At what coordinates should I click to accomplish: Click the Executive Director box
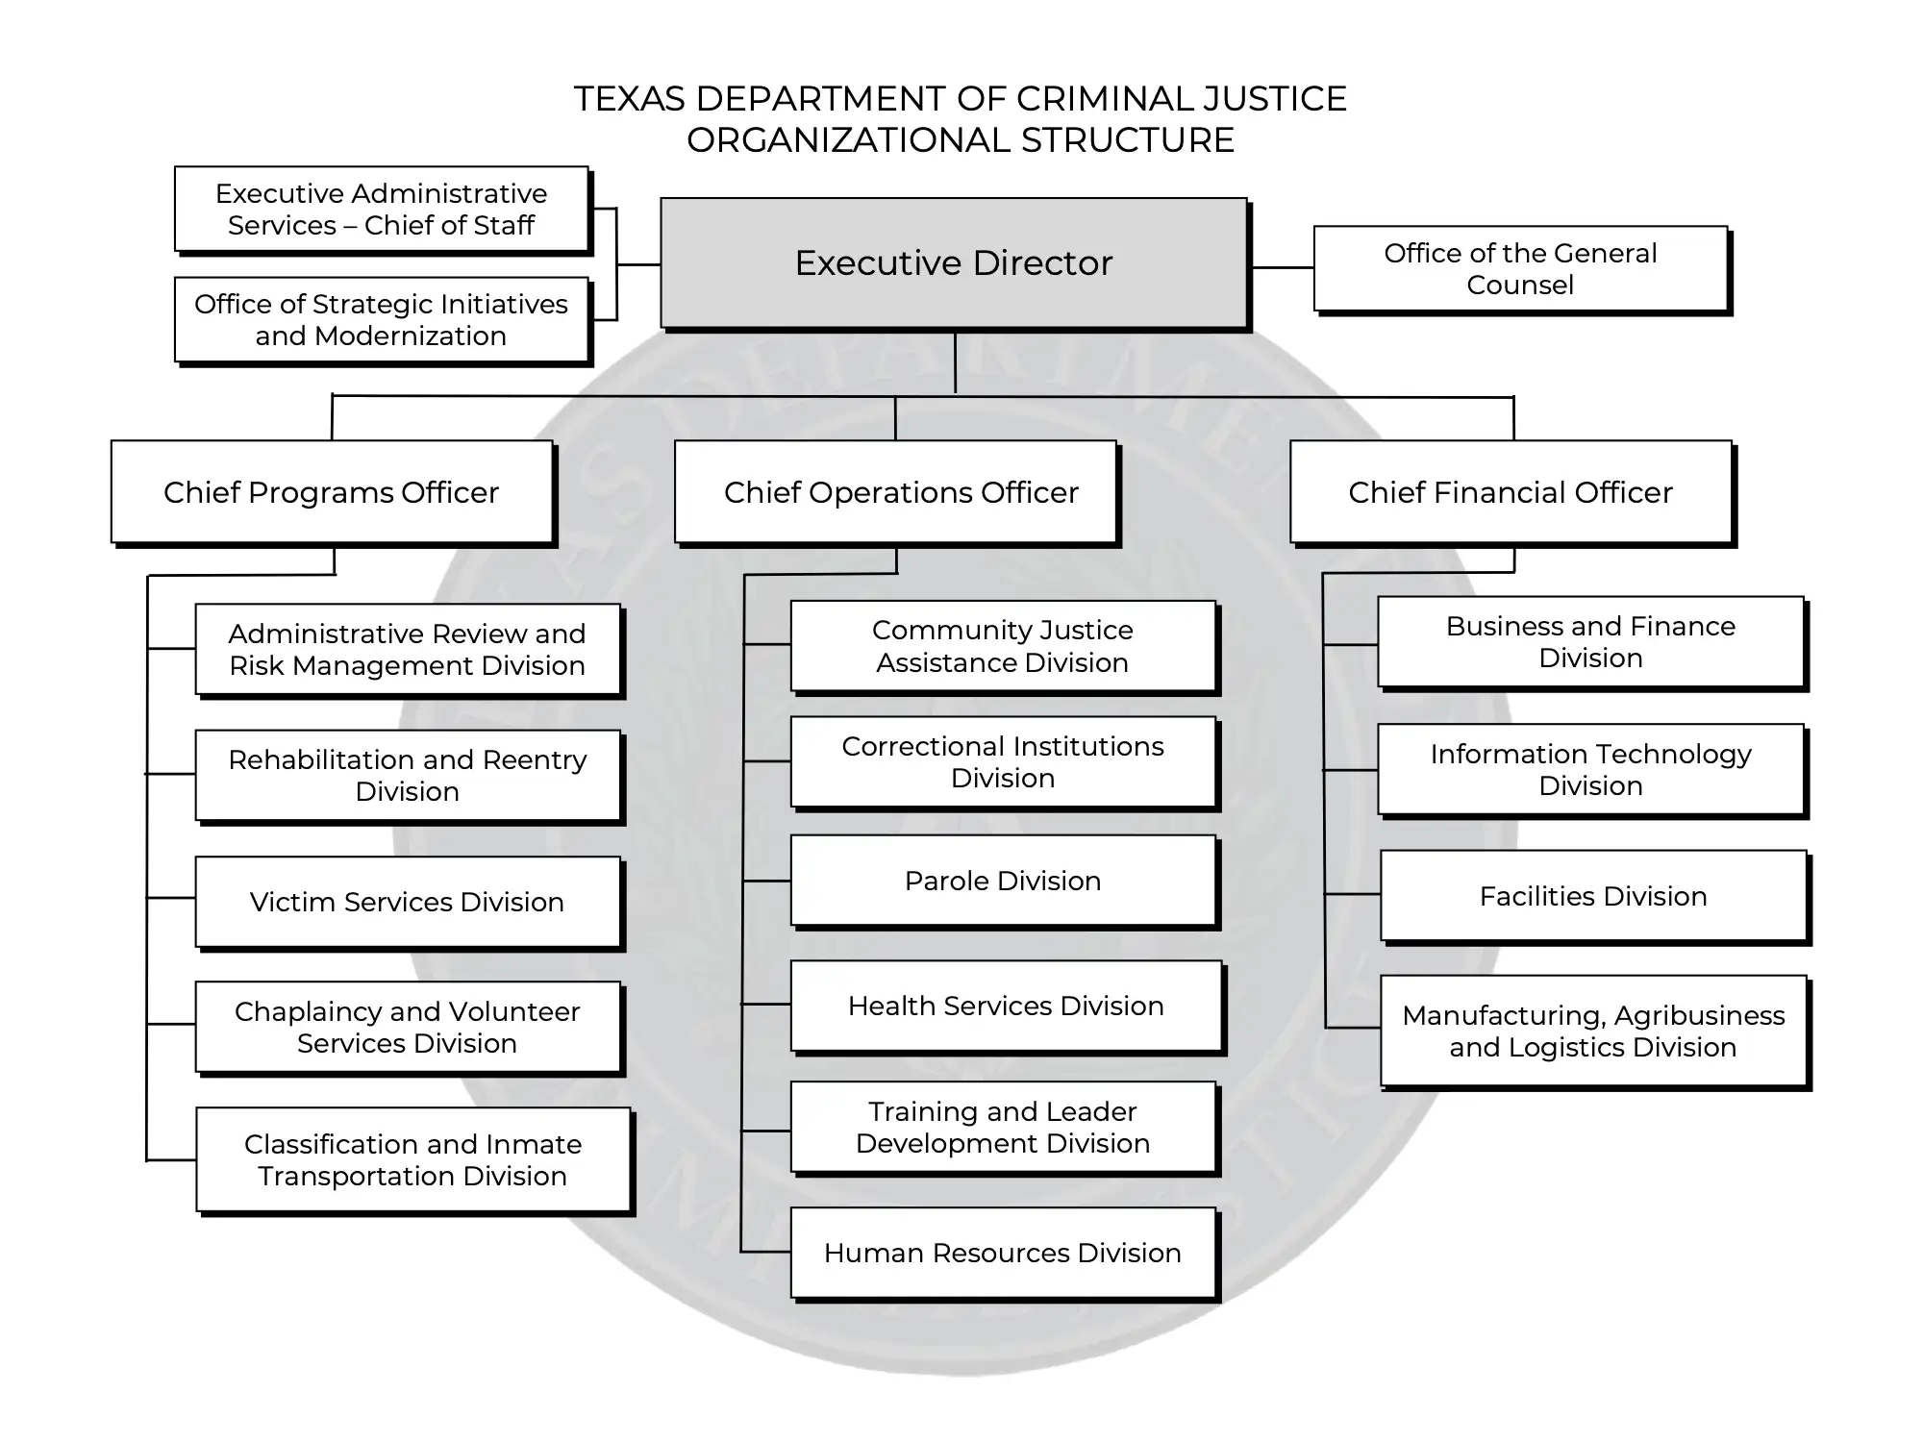(x=955, y=263)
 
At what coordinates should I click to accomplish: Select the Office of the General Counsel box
(x=1522, y=270)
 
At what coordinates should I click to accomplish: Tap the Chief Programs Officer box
(x=334, y=493)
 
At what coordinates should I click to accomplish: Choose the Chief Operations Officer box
(x=897, y=493)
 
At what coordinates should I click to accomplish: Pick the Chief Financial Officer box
(x=1512, y=493)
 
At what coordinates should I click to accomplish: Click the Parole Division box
(x=1005, y=882)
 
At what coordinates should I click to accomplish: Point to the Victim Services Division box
(x=410, y=903)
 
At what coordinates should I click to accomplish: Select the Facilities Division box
(x=1595, y=897)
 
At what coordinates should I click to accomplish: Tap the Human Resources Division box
(x=1005, y=1254)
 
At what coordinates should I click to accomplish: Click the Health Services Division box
(x=1008, y=1007)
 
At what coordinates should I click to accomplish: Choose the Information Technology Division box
(x=1592, y=770)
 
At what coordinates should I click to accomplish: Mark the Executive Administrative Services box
(x=383, y=211)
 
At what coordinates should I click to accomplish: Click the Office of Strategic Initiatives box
(x=383, y=321)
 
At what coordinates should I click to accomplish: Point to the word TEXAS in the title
(x=629, y=99)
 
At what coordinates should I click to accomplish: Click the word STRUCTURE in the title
(x=1128, y=140)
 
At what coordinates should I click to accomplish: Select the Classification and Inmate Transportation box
(x=414, y=1161)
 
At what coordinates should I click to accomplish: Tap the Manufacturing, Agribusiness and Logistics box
(x=1595, y=1032)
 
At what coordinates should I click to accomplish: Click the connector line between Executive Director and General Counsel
(x=1283, y=267)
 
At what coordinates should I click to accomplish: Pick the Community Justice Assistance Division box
(x=1005, y=647)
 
